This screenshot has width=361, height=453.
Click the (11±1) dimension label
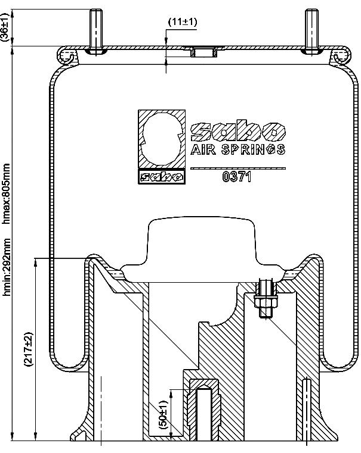click(183, 22)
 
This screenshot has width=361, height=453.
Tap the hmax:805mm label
click(6, 193)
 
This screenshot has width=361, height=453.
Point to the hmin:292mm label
click(6, 267)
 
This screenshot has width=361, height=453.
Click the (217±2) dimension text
click(29, 349)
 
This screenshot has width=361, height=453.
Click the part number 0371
click(236, 177)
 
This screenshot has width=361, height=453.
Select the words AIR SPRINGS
click(237, 149)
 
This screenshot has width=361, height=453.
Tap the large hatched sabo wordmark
click(237, 131)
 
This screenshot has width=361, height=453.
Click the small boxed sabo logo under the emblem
click(162, 177)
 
